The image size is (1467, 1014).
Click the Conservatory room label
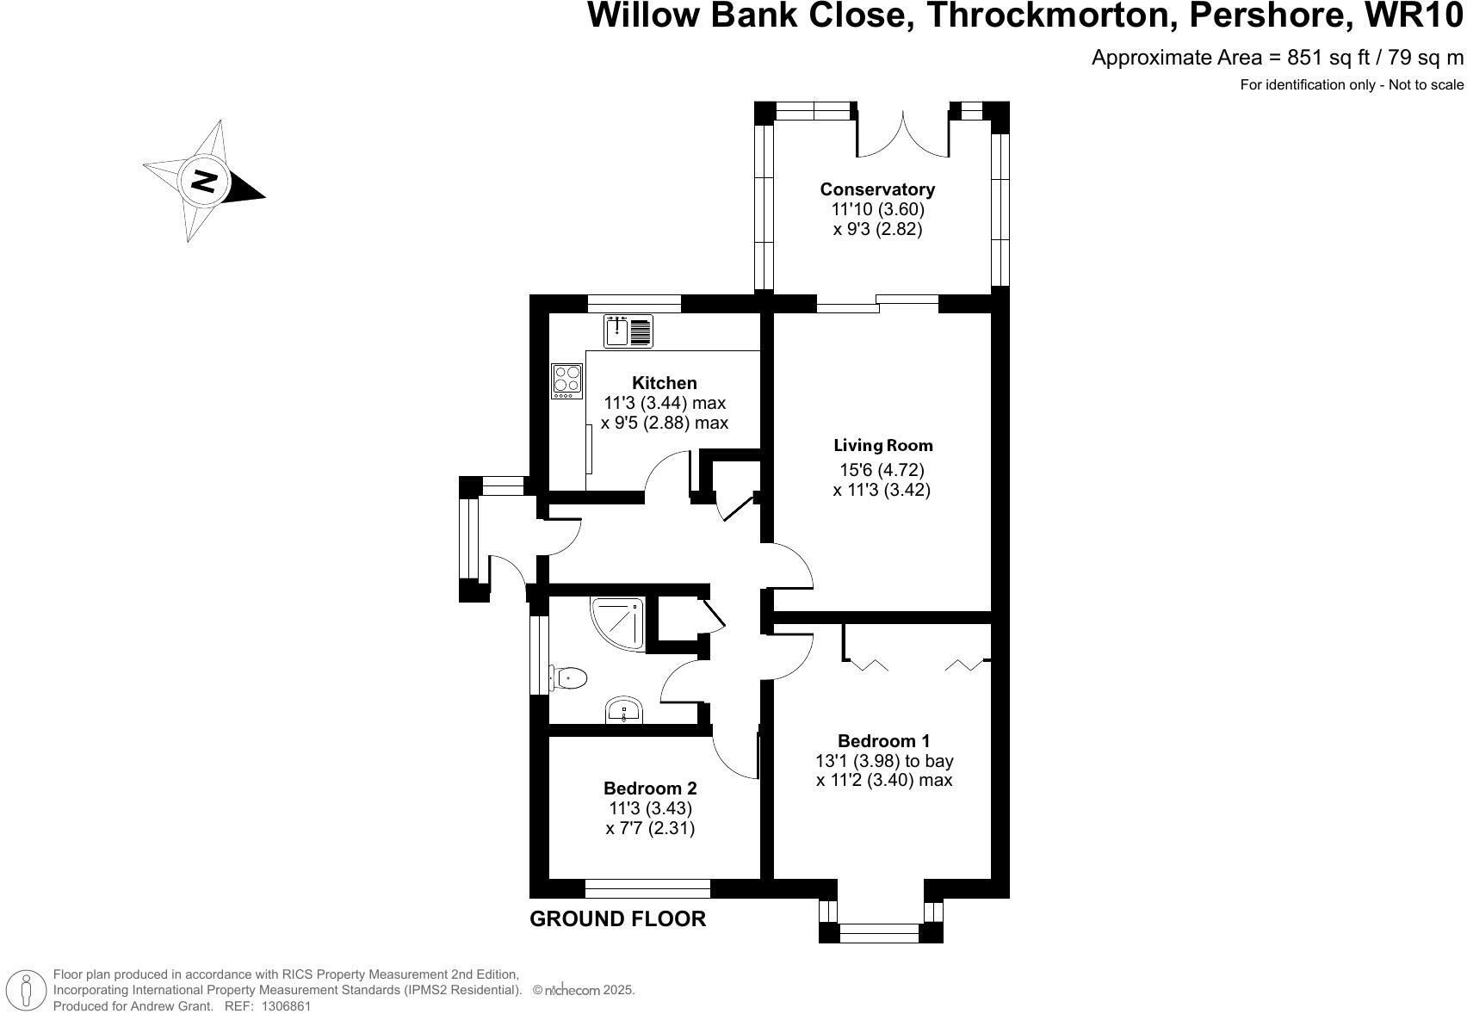[877, 189]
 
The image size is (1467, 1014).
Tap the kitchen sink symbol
[628, 331]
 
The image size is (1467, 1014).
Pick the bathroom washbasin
[623, 712]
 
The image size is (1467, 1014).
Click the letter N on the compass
[204, 182]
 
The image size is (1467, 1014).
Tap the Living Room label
[882, 446]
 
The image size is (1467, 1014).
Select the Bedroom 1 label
[883, 741]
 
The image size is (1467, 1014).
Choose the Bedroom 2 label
[650, 788]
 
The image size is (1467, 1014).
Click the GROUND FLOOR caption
[617, 919]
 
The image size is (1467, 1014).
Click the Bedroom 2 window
[647, 889]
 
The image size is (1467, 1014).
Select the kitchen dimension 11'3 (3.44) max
[665, 403]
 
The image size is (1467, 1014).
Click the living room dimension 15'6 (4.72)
[882, 470]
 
